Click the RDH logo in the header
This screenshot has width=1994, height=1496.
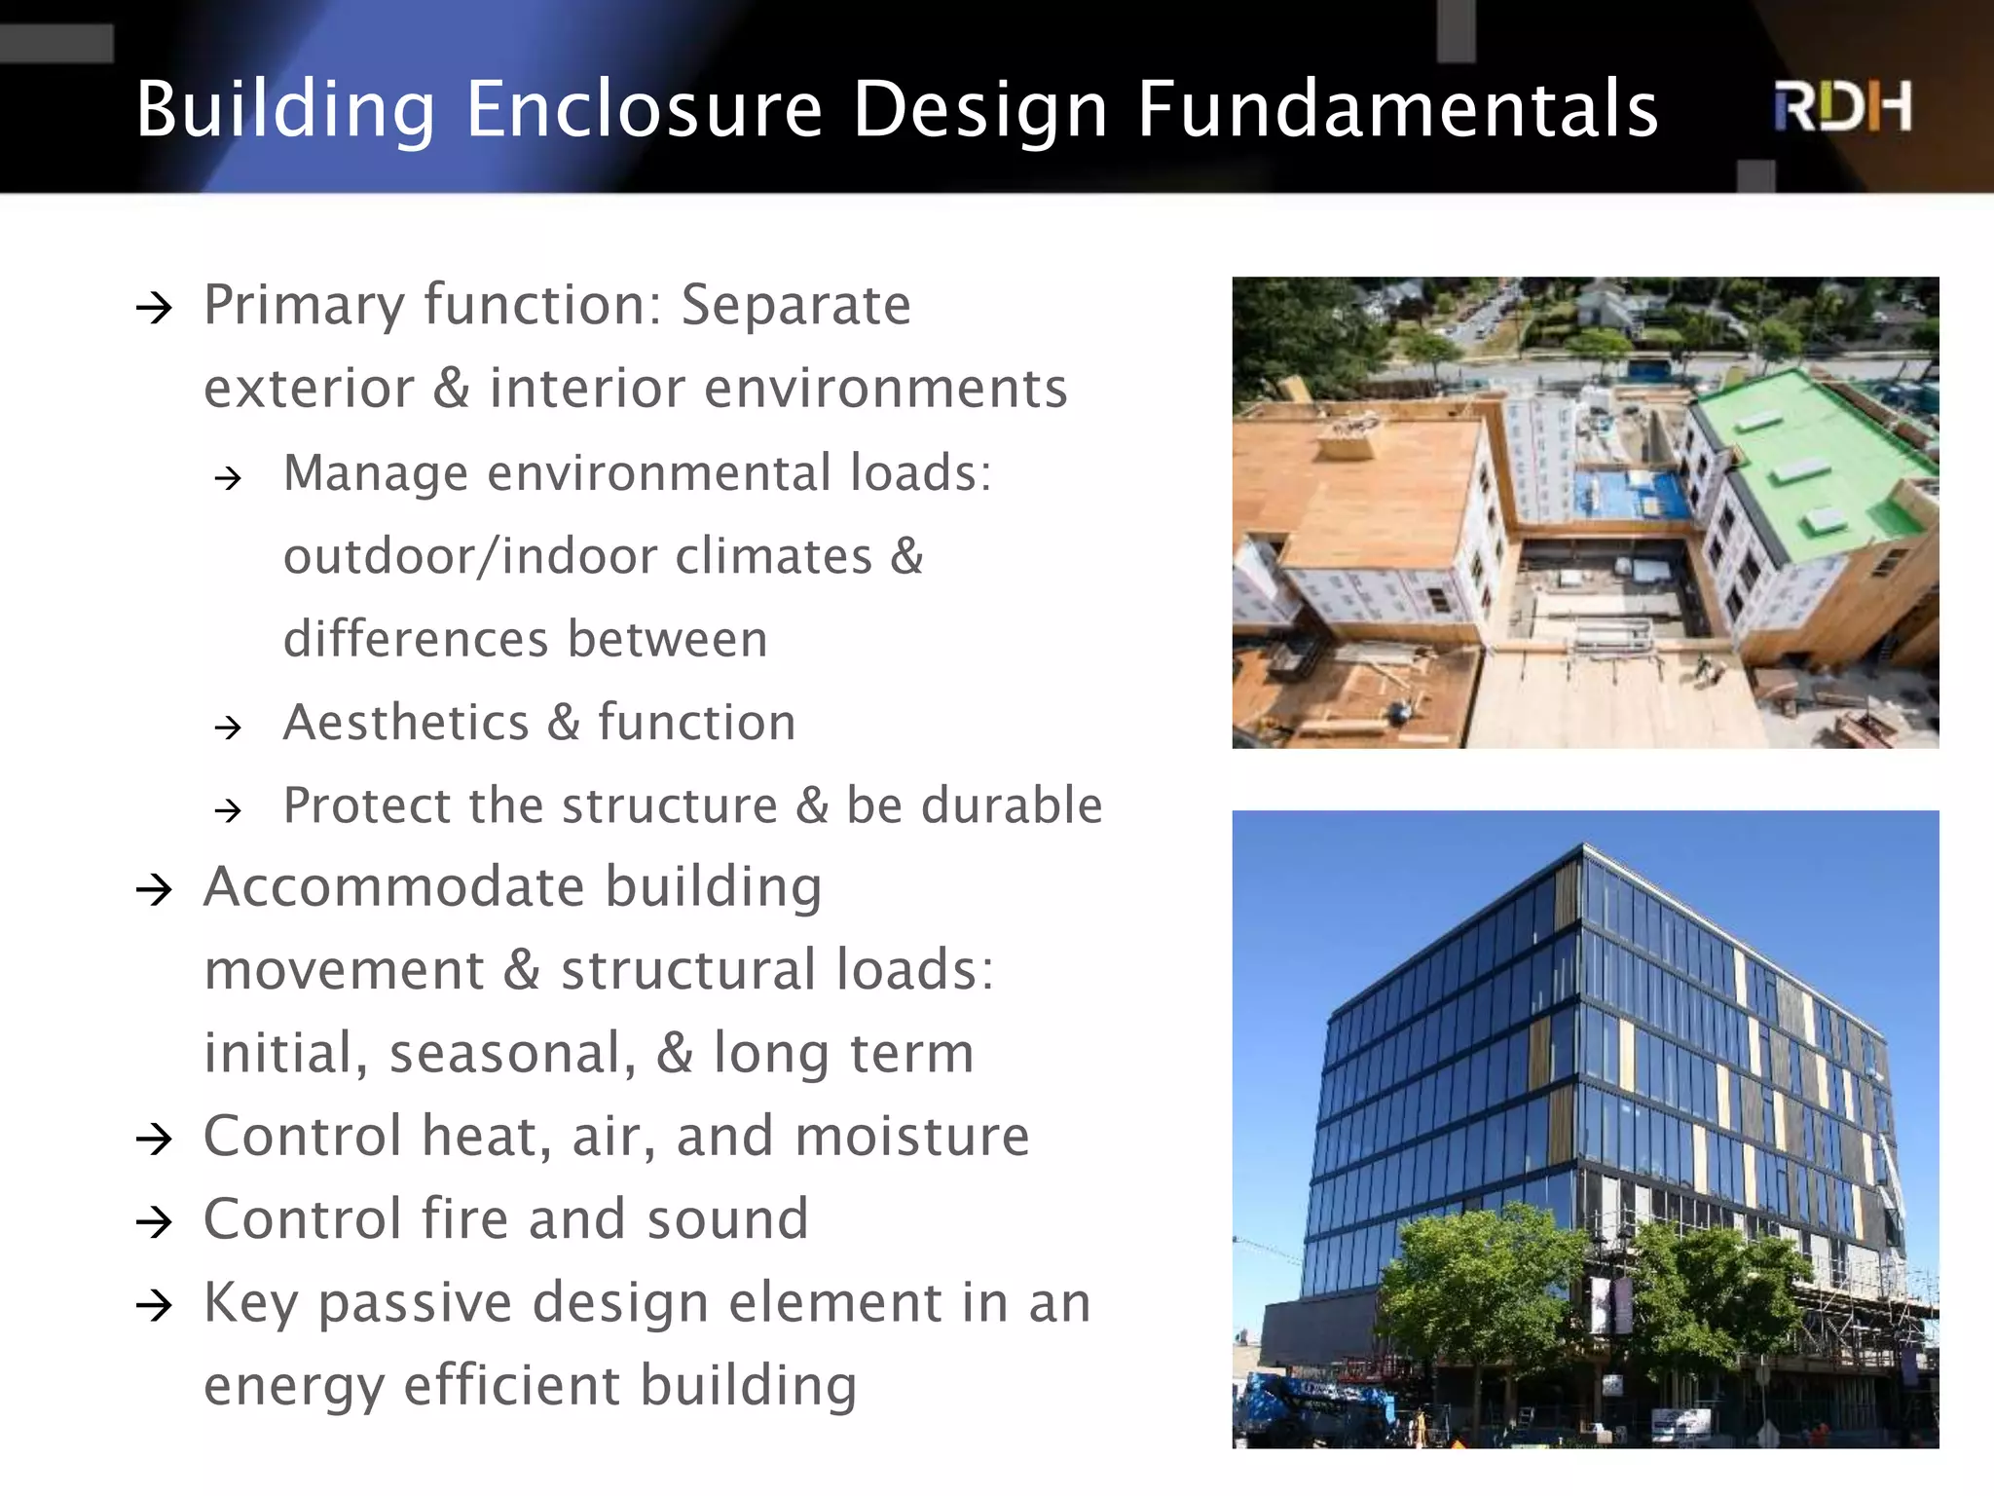(x=1842, y=107)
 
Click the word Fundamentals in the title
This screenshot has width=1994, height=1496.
(x=1397, y=109)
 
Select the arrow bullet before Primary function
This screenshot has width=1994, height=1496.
(x=155, y=309)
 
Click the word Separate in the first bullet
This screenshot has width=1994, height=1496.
(x=795, y=305)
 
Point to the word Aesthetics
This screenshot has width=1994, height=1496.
(x=406, y=723)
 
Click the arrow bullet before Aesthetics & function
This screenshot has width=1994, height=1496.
(x=229, y=727)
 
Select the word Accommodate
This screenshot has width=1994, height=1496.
(x=393, y=887)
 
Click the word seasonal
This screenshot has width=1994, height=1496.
(x=512, y=1053)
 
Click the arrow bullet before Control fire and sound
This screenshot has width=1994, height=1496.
(x=155, y=1222)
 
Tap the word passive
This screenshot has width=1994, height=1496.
(x=415, y=1303)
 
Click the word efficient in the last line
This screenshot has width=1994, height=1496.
(x=511, y=1385)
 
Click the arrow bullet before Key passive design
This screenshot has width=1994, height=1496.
(x=155, y=1305)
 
